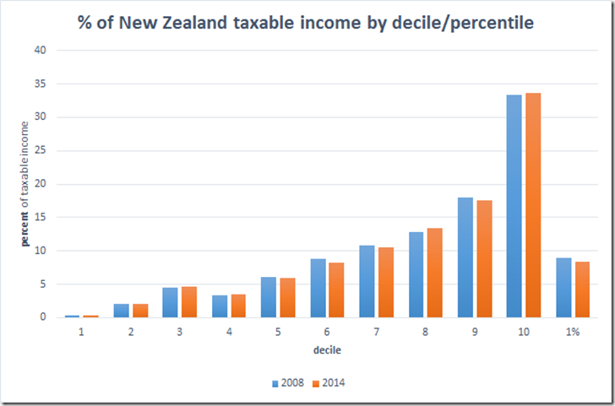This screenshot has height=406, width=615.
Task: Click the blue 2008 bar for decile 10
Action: point(514,206)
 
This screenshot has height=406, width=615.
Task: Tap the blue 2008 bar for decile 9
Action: point(465,257)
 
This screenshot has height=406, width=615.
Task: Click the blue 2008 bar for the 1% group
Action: point(563,288)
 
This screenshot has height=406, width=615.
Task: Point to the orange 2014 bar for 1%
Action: point(582,290)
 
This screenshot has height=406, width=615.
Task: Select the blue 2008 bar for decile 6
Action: point(317,288)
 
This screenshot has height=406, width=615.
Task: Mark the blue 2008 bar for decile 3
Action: point(170,302)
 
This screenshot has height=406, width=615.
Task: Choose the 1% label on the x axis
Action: point(572,332)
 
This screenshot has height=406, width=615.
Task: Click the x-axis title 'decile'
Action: point(326,349)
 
